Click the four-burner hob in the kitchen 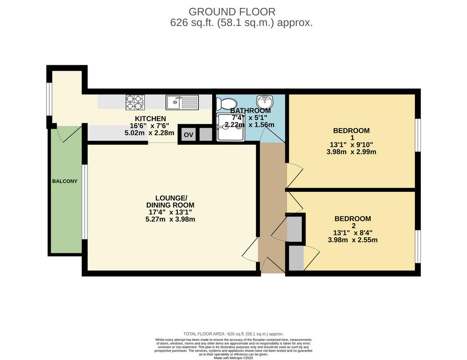(135, 102)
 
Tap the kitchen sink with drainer (182, 102)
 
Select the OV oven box (188, 135)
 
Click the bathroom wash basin (264, 102)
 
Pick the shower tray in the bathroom (231, 127)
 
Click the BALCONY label (65, 181)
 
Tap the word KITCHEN (150, 119)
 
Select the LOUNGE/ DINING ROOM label (171, 202)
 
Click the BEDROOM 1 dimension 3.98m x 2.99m (352, 152)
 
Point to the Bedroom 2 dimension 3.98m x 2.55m (353, 240)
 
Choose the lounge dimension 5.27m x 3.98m (171, 219)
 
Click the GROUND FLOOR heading (232, 11)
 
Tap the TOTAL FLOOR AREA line (233, 334)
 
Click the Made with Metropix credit (233, 358)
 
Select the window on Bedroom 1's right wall (418, 135)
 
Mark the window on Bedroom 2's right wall (418, 246)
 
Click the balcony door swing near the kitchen (69, 134)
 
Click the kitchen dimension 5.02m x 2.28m (149, 133)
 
